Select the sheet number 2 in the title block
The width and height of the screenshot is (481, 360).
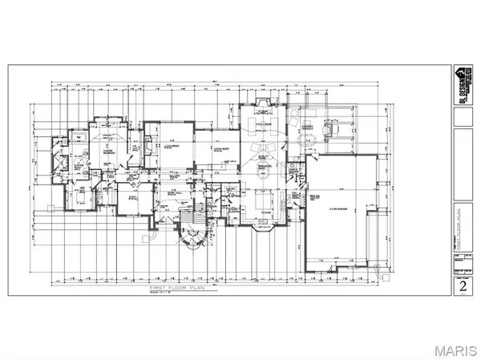click(x=461, y=286)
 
